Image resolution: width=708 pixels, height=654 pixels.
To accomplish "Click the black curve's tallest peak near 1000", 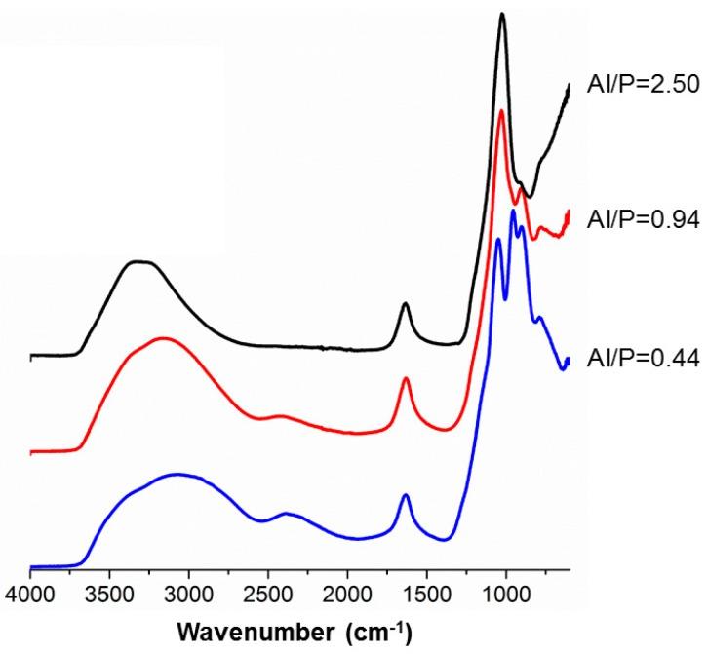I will point(502,14).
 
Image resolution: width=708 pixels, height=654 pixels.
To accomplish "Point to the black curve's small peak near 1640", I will point(405,304).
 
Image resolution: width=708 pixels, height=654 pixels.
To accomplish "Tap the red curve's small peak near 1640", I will point(405,378).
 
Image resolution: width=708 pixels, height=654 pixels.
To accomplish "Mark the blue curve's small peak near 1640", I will point(405,496).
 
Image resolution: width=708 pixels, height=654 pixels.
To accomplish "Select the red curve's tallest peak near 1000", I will point(502,111).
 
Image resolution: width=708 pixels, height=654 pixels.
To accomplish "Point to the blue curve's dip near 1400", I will point(445,539).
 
